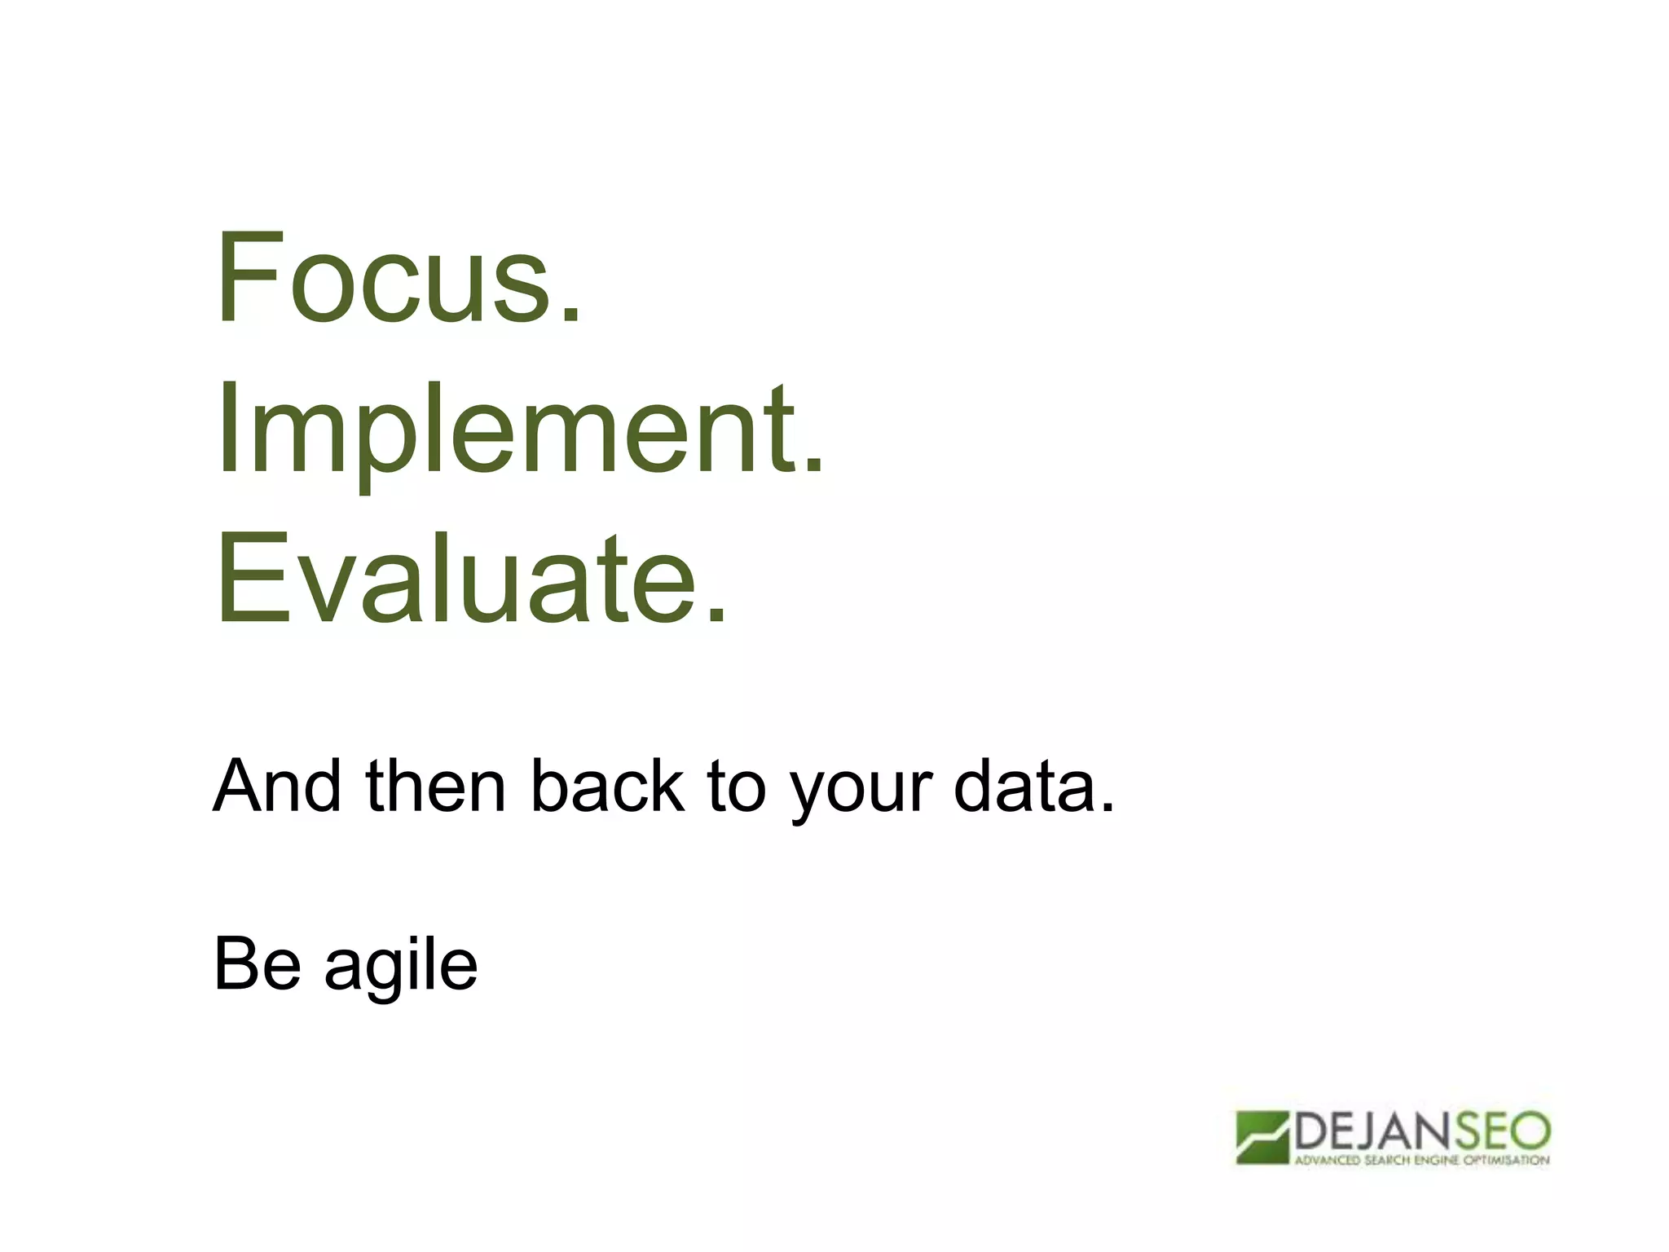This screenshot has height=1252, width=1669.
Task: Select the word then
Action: [436, 786]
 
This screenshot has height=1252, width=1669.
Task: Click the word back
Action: [607, 786]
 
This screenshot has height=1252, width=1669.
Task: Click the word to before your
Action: [736, 786]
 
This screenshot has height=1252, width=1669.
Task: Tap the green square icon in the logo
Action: [1262, 1138]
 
